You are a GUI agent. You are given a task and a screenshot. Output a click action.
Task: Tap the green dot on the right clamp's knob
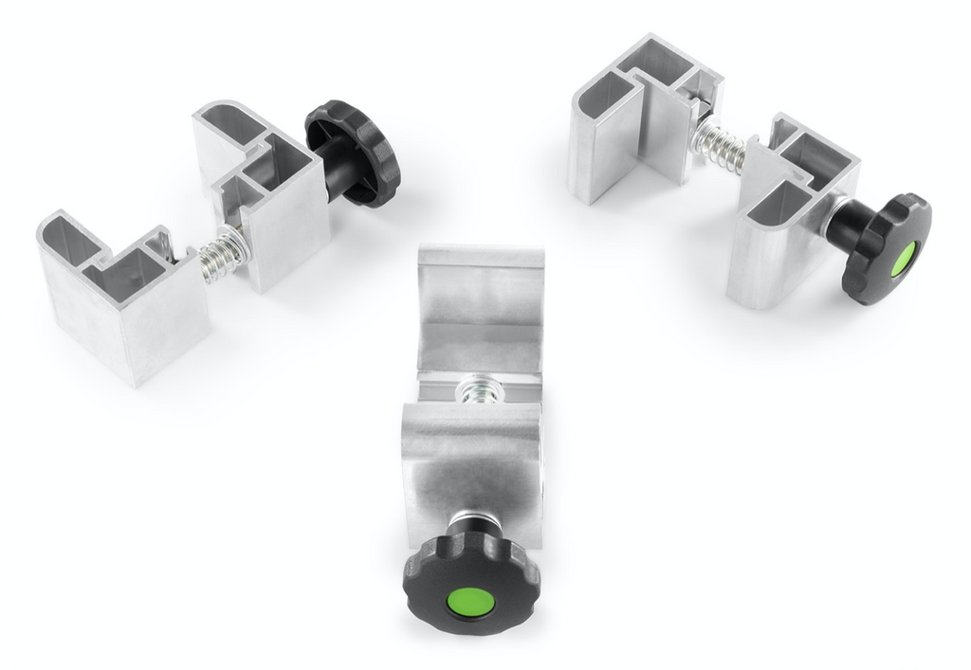pos(902,258)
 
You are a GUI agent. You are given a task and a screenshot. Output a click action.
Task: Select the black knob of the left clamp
pos(355,152)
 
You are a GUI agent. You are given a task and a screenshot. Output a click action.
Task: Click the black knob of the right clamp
pos(886,247)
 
